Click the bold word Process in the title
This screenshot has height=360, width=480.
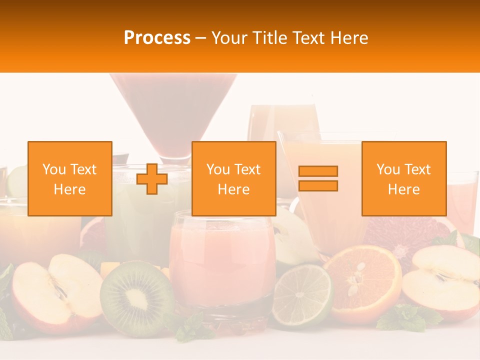pos(157,38)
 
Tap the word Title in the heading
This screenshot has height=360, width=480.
pos(270,38)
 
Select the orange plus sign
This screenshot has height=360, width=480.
pos(152,178)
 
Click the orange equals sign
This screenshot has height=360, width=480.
pos(318,178)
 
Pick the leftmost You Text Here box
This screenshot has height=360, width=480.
pos(70,178)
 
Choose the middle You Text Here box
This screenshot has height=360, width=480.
pos(234,178)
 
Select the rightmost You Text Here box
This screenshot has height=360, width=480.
pos(404,178)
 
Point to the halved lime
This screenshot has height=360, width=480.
pos(302,295)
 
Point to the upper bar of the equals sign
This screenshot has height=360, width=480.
pos(318,171)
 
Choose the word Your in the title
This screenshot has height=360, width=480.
pos(230,38)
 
